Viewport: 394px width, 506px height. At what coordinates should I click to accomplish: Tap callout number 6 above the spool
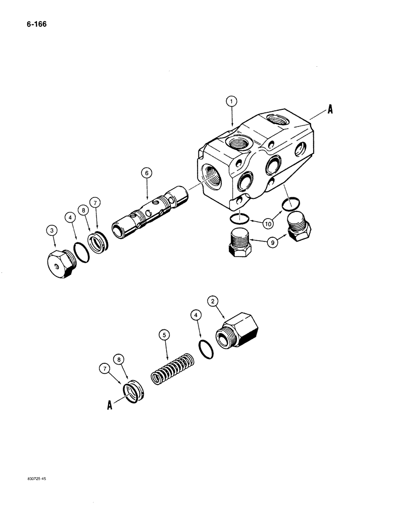point(146,173)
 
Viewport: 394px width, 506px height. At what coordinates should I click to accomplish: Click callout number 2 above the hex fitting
point(214,302)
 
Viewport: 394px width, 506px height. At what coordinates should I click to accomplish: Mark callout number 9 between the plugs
point(273,243)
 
